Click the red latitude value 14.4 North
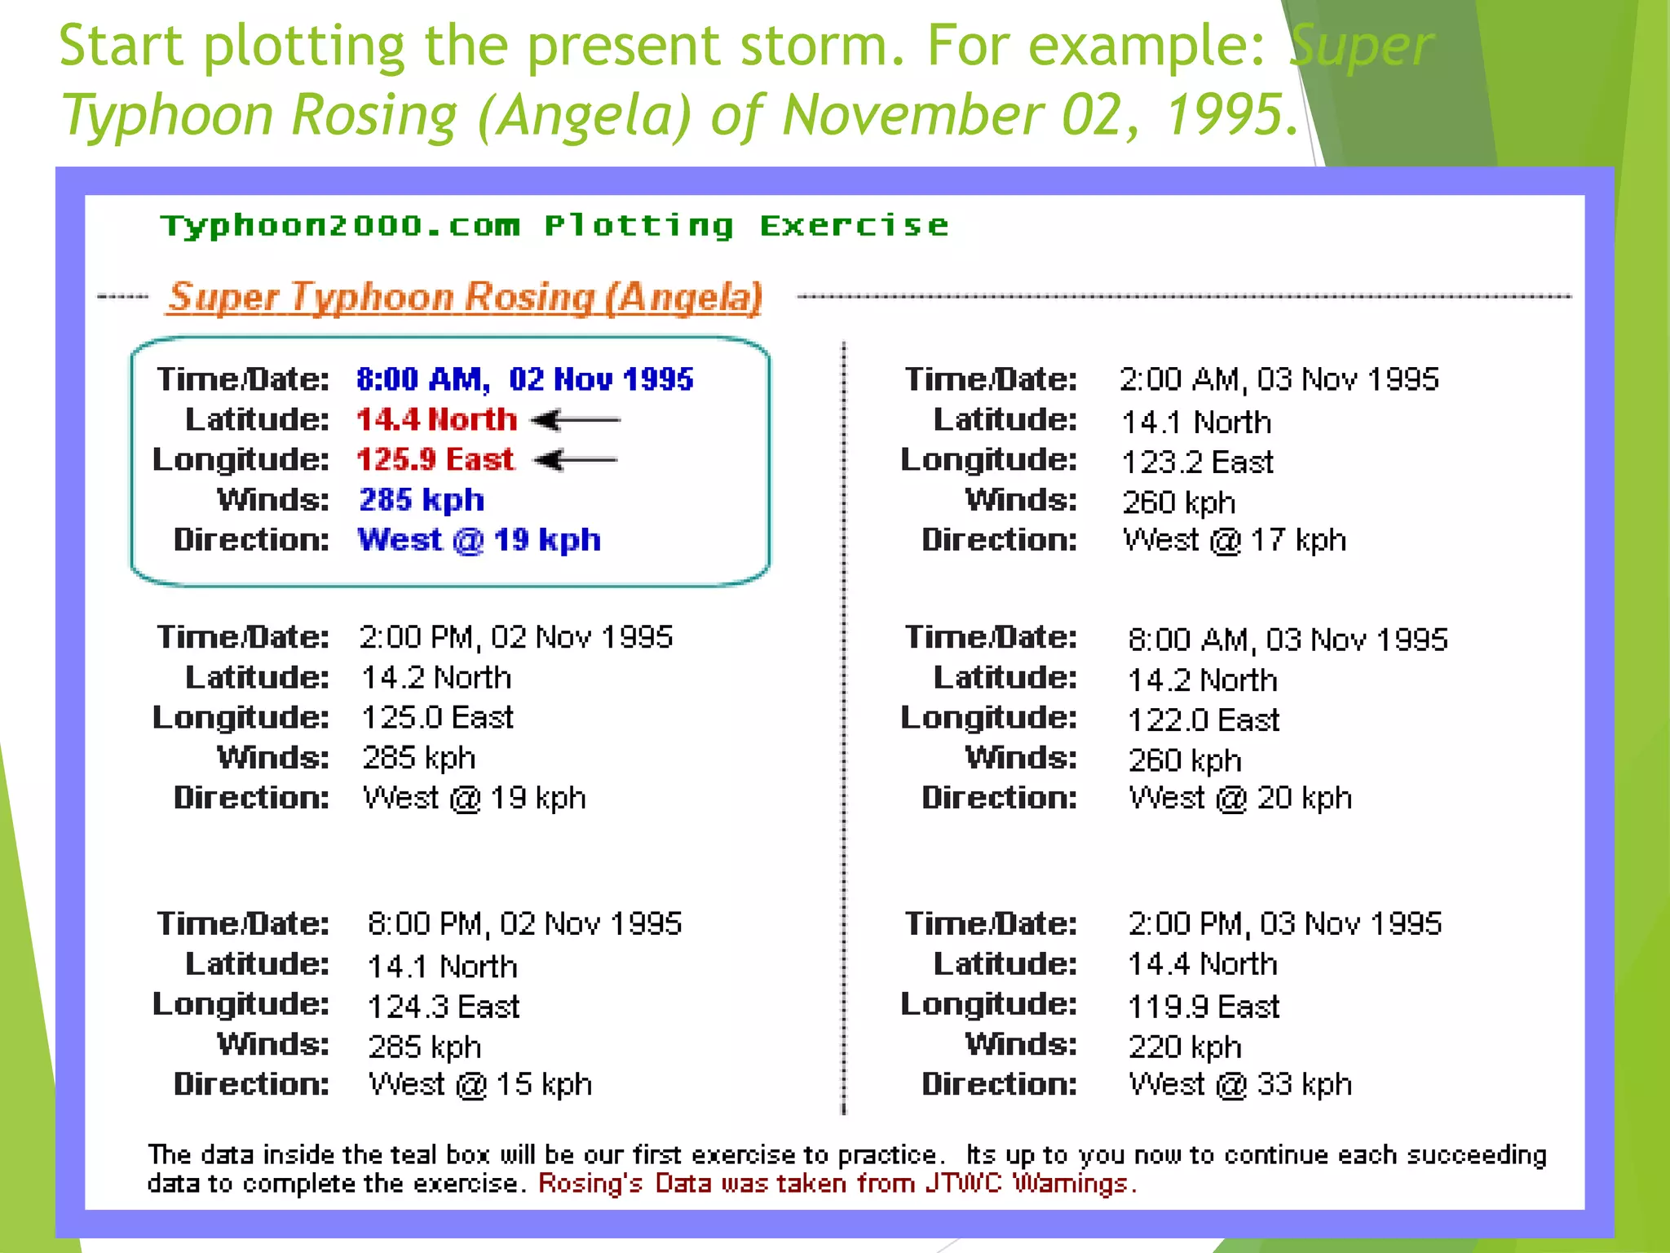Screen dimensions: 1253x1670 pyautogui.click(x=436, y=419)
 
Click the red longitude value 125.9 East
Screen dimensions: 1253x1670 pyautogui.click(x=435, y=459)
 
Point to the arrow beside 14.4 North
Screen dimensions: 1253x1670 pyautogui.click(x=576, y=420)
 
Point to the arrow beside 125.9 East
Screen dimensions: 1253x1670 pyautogui.click(x=576, y=460)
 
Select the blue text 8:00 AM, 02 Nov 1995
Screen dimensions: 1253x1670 pyautogui.click(x=524, y=379)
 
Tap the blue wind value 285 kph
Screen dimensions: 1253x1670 pyautogui.click(x=422, y=499)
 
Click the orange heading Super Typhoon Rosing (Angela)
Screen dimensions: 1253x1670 pyautogui.click(x=466, y=297)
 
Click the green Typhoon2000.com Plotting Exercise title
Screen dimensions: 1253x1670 pyautogui.click(x=554, y=225)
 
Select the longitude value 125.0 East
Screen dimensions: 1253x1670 pyautogui.click(x=437, y=717)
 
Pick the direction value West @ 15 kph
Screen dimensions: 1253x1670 pyautogui.click(x=479, y=1084)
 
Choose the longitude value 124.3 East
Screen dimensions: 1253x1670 pyautogui.click(x=443, y=1006)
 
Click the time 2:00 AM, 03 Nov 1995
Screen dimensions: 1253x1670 pyautogui.click(x=1279, y=379)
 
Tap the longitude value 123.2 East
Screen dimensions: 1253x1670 pyautogui.click(x=1197, y=463)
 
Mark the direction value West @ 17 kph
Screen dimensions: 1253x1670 pyautogui.click(x=1234, y=540)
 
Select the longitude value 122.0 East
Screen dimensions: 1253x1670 pyautogui.click(x=1204, y=720)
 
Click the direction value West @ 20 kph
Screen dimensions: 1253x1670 pyautogui.click(x=1239, y=798)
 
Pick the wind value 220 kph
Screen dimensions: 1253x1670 pyautogui.click(x=1184, y=1047)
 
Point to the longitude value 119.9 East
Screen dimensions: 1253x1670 pyautogui.click(x=1204, y=1007)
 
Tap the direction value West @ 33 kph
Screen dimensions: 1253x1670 pyautogui.click(x=1239, y=1084)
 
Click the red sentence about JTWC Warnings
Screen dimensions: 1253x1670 pyautogui.click(x=837, y=1184)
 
